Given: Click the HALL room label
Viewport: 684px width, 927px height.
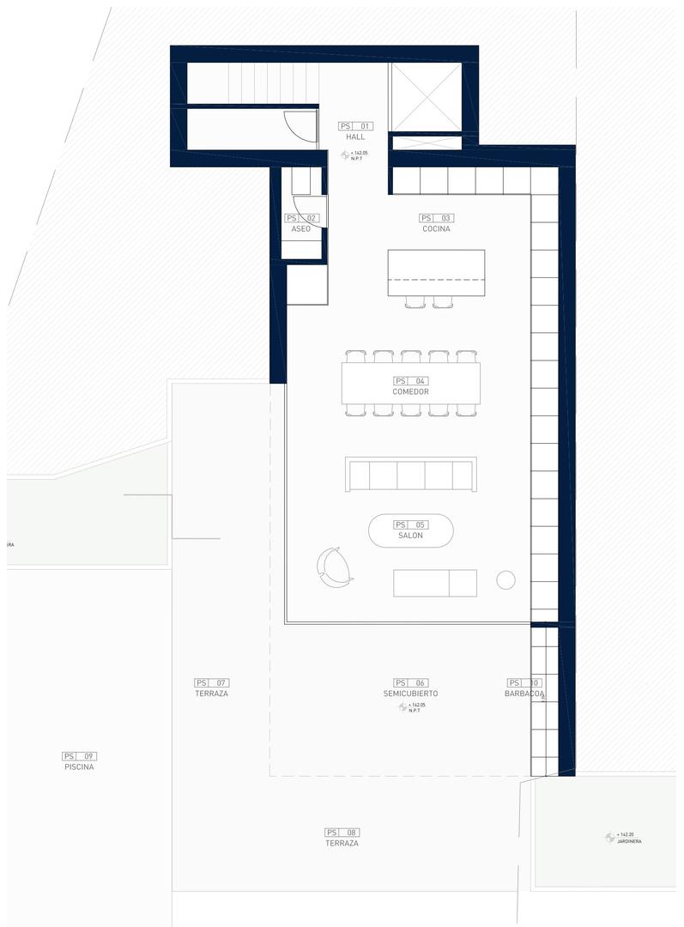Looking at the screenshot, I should (355, 137).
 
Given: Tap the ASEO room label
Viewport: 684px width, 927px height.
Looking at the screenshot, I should (300, 229).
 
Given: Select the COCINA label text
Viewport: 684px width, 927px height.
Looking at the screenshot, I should (436, 229).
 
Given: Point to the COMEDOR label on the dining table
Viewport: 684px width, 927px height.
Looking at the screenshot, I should (410, 392).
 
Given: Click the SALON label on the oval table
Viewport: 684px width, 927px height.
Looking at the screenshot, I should (410, 536).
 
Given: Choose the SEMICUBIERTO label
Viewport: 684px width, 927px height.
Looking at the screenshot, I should (410, 694).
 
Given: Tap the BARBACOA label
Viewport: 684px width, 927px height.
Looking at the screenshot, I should (524, 694).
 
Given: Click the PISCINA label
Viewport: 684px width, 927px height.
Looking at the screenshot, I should (79, 767).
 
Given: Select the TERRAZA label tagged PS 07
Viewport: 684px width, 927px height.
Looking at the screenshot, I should (211, 694).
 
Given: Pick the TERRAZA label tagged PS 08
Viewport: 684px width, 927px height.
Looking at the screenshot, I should (342, 844).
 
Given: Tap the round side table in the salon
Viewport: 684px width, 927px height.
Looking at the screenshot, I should (505, 580).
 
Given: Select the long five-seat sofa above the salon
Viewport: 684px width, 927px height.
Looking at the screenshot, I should (410, 475).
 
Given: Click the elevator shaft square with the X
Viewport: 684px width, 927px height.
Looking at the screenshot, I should (426, 96).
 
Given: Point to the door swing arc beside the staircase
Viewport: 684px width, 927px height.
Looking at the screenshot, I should (300, 126).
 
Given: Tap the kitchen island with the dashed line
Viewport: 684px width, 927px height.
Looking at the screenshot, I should (436, 273).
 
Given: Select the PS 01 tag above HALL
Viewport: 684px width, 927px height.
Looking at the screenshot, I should (355, 126).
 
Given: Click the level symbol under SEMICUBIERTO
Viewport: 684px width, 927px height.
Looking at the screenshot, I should (403, 706).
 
